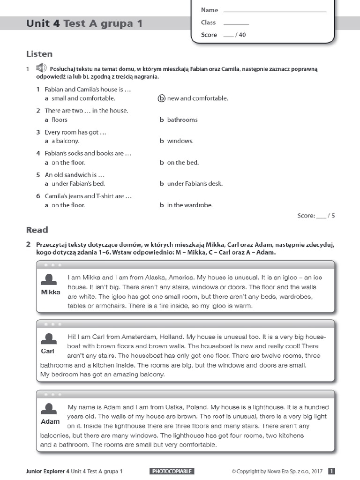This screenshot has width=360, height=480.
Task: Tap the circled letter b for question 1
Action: click(162, 98)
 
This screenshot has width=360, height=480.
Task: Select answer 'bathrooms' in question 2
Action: click(182, 120)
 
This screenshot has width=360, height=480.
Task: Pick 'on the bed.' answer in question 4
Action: click(183, 163)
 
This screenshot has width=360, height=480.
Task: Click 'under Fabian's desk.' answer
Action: click(195, 184)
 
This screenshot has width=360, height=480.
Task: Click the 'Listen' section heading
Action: click(39, 54)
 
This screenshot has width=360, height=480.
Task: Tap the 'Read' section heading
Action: click(37, 230)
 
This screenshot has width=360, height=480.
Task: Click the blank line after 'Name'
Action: click(275, 10)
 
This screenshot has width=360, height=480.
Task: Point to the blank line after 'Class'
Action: click(236, 23)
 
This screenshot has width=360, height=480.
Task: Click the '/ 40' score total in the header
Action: click(240, 35)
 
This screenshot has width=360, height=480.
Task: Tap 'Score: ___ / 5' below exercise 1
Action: click(316, 216)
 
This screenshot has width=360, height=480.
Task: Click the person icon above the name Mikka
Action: click(50, 280)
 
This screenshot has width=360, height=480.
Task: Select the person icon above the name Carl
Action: click(49, 339)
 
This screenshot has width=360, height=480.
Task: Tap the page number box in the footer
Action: click(331, 471)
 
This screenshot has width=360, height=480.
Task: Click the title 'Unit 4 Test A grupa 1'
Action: click(84, 23)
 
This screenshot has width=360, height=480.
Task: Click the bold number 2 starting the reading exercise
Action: click(29, 245)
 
